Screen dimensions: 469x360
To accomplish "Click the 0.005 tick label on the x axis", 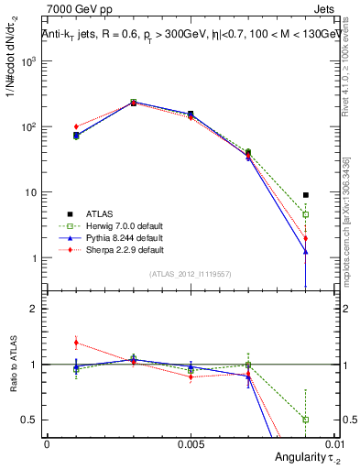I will coord(190,442).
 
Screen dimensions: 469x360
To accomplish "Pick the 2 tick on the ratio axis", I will coord(32,309).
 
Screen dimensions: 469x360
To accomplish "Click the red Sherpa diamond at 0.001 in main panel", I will coord(76,126).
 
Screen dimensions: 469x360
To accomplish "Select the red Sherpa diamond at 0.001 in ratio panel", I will coord(76,343).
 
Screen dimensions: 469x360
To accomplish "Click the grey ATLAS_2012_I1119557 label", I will coord(189,274).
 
